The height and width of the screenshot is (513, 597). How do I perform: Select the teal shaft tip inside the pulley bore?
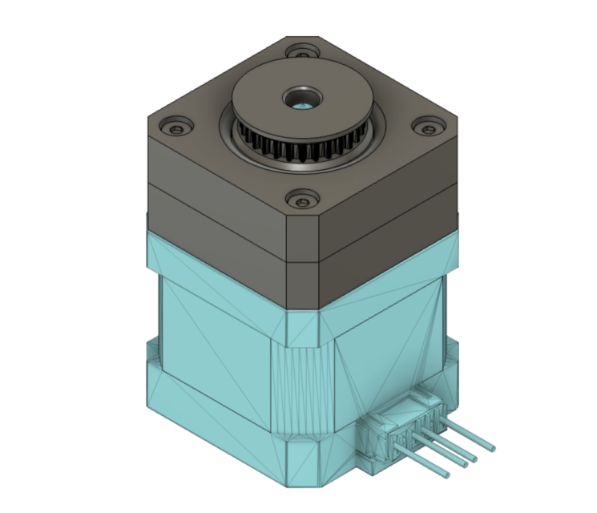(302, 105)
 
